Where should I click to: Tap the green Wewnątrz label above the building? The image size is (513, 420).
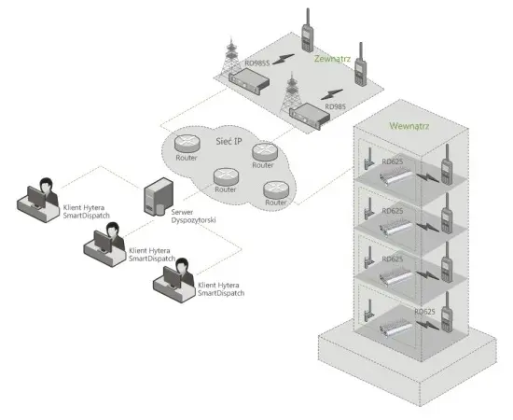(408, 122)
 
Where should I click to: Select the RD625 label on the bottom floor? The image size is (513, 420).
(423, 311)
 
